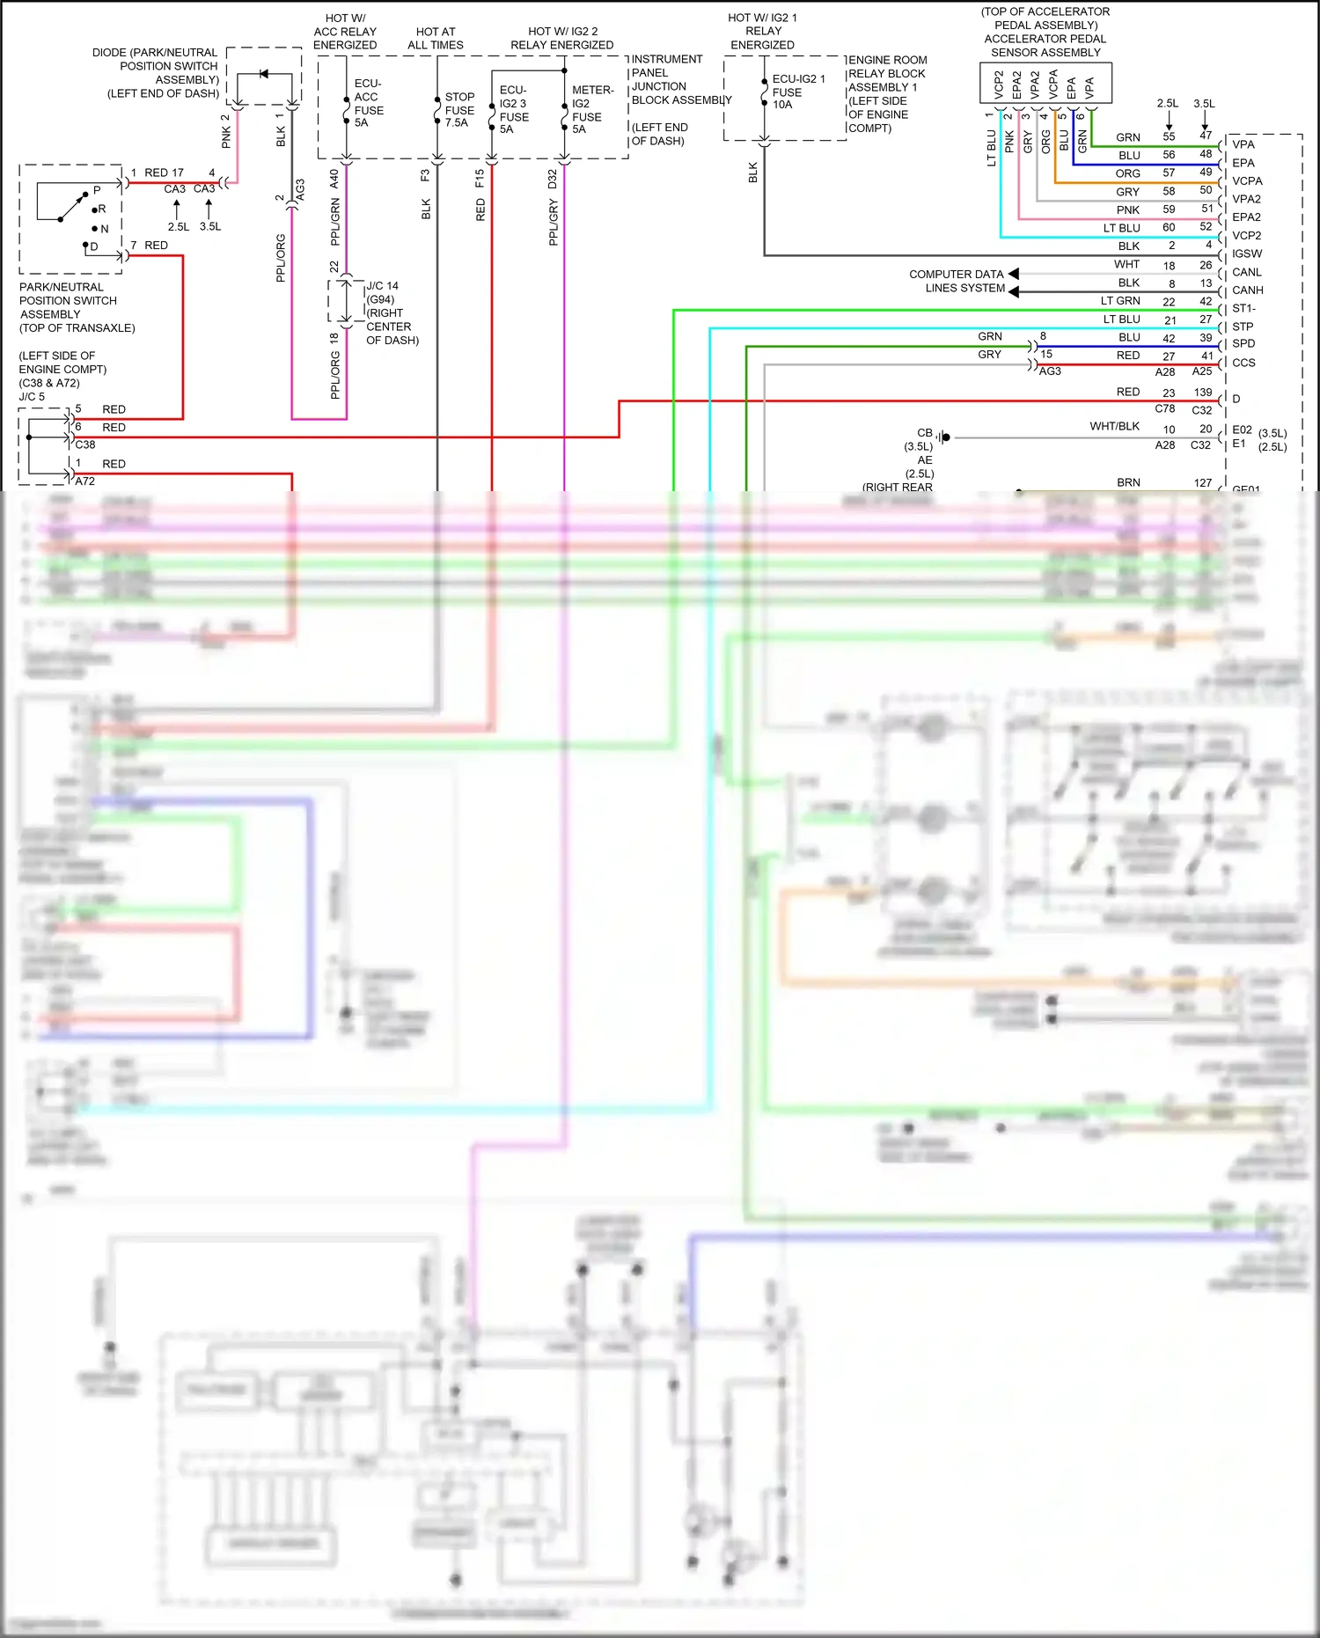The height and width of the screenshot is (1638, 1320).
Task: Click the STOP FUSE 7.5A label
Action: tap(458, 110)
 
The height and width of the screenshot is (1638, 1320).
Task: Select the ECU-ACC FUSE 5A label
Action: tap(368, 103)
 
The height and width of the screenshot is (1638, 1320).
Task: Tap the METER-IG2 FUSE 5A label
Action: tap(591, 109)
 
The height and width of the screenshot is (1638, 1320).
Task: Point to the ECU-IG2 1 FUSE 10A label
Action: tap(797, 92)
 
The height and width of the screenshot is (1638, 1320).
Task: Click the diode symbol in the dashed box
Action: tap(263, 74)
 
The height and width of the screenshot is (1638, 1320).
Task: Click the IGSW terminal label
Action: tap(1246, 253)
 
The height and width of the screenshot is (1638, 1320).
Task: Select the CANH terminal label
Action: tap(1247, 290)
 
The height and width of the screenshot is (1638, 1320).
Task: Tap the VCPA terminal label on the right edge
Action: tap(1246, 181)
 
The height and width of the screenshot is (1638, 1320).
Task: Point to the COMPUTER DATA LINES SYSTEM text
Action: tap(957, 281)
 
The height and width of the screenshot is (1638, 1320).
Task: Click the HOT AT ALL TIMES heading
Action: tap(435, 38)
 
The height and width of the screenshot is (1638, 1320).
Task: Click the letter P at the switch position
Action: tap(97, 190)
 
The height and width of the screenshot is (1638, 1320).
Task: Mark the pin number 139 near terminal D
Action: tap(1202, 393)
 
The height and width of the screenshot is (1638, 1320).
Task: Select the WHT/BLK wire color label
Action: tap(1114, 426)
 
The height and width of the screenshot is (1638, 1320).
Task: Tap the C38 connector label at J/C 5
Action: tap(85, 444)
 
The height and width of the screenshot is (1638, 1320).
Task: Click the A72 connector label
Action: tap(85, 481)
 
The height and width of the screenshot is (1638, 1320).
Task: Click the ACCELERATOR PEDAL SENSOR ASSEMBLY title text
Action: tap(1045, 46)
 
